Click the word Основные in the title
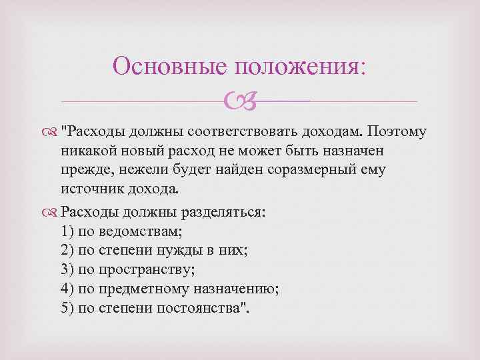(x=169, y=67)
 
